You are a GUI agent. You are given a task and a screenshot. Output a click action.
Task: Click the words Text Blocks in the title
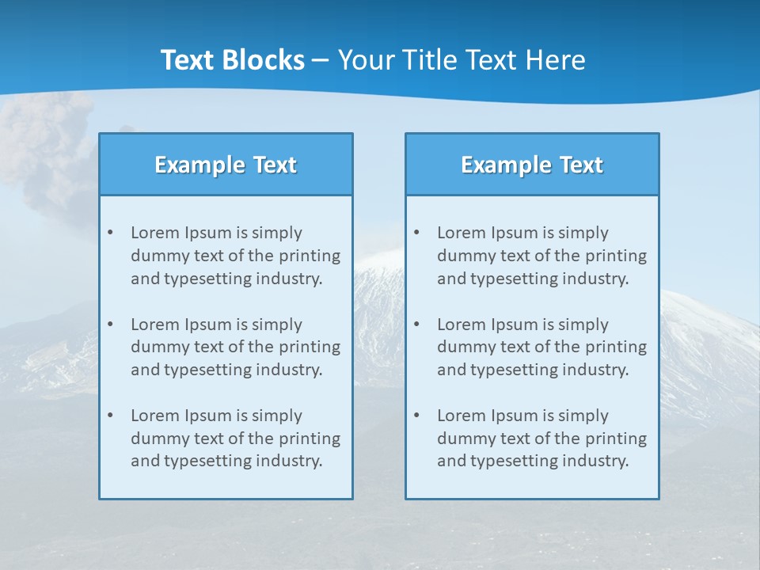232,60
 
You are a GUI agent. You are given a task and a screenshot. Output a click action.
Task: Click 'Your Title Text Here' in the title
462,60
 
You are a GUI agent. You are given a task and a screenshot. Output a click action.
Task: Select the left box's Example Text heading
226,165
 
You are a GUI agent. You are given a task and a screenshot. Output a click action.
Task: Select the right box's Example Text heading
532,165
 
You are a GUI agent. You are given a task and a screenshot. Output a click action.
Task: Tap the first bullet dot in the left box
110,233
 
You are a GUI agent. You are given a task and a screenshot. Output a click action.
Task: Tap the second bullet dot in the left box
110,325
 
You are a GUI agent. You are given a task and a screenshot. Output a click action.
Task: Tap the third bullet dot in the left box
110,416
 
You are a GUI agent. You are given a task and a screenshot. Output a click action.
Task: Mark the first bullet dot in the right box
416,233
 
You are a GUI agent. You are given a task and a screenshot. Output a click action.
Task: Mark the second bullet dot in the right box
416,325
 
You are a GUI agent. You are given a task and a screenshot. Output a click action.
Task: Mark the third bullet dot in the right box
416,416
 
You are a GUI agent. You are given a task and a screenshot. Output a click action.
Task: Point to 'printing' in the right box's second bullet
617,347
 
